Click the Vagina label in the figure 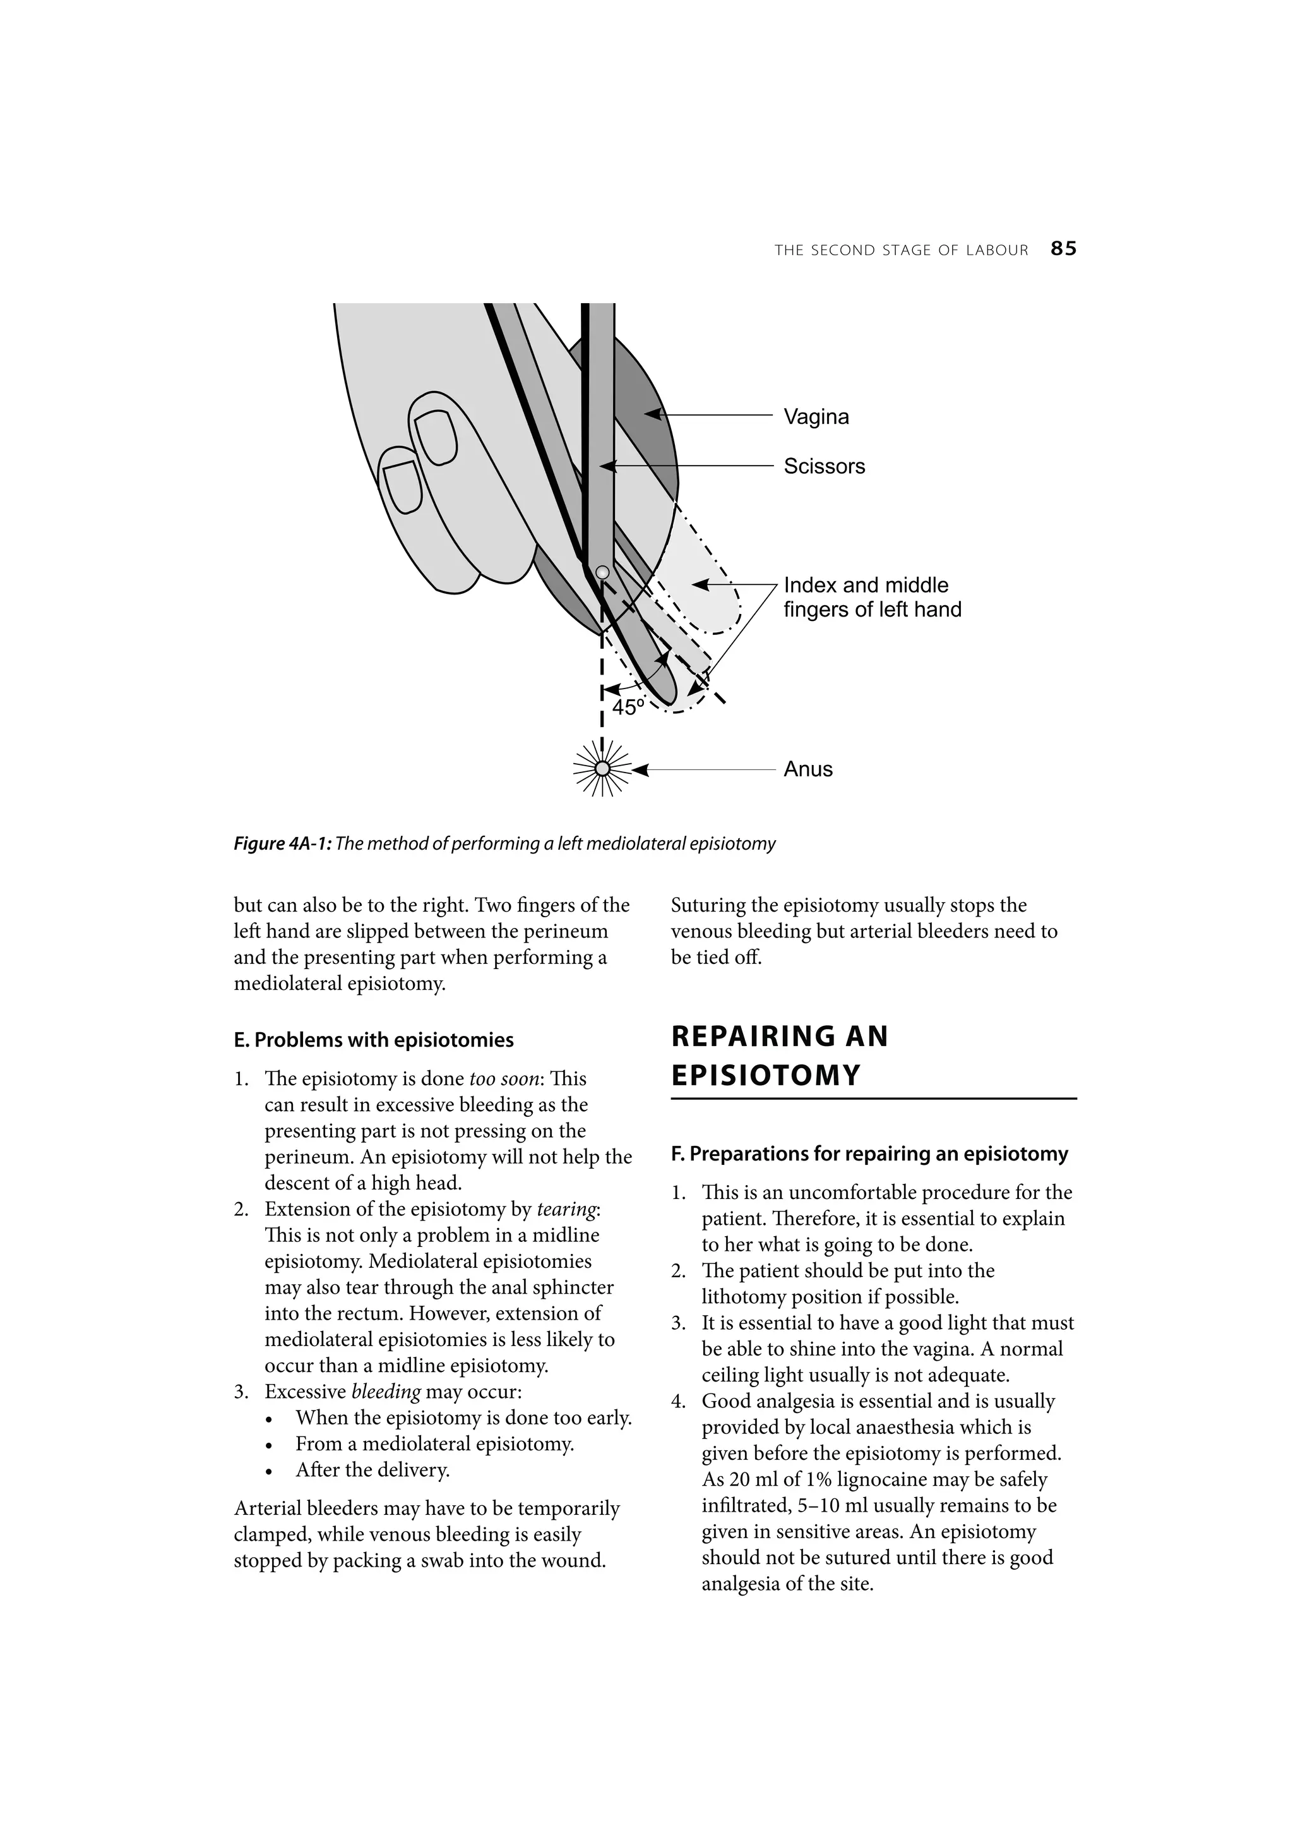(x=816, y=417)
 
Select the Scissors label (x=824, y=466)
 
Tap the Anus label (x=808, y=769)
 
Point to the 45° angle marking (x=627, y=707)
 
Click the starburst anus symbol (x=603, y=768)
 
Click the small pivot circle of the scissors (x=603, y=572)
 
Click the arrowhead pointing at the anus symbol (x=641, y=770)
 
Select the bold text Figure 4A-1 (x=282, y=844)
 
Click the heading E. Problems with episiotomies (x=374, y=1040)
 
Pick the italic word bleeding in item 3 (x=386, y=1392)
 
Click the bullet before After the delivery (x=271, y=1471)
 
